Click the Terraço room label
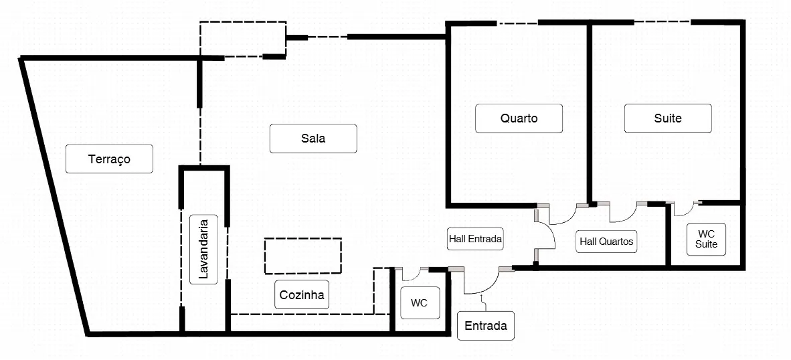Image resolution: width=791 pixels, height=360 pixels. pyautogui.click(x=109, y=159)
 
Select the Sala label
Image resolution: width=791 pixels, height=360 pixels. pyautogui.click(x=313, y=139)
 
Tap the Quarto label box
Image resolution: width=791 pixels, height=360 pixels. pyautogui.click(x=519, y=118)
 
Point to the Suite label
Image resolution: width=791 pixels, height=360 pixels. pyautogui.click(x=668, y=118)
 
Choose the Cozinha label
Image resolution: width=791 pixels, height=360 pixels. pyautogui.click(x=302, y=294)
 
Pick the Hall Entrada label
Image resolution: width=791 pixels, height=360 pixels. pyautogui.click(x=475, y=238)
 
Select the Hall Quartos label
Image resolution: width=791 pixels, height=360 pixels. pyautogui.click(x=606, y=242)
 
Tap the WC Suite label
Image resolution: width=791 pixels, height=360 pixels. pyautogui.click(x=707, y=239)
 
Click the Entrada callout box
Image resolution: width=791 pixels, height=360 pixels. pyautogui.click(x=486, y=326)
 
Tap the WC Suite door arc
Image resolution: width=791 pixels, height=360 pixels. pyautogui.click(x=687, y=211)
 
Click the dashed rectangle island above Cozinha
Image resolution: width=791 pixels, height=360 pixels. pyautogui.click(x=303, y=256)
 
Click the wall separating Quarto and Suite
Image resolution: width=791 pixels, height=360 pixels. pyautogui.click(x=590, y=114)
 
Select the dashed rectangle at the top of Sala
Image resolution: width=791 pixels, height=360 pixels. pyautogui.click(x=243, y=39)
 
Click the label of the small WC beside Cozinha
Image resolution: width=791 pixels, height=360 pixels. pyautogui.click(x=419, y=302)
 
